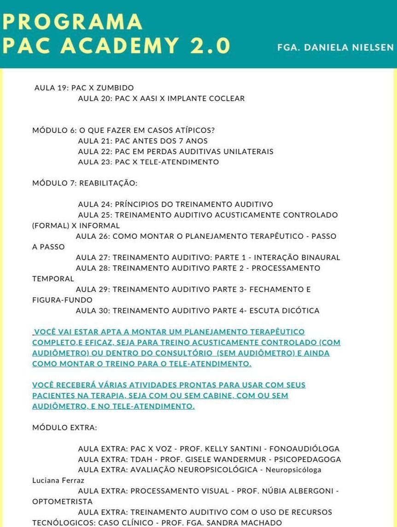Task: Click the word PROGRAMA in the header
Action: coord(72,22)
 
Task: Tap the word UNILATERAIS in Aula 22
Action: coord(247,151)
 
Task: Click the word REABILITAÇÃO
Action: coord(108,183)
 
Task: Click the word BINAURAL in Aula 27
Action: coord(323,258)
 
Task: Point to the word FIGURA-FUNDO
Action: coord(56,300)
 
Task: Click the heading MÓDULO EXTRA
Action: coord(64,428)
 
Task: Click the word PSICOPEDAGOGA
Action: coord(308,459)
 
